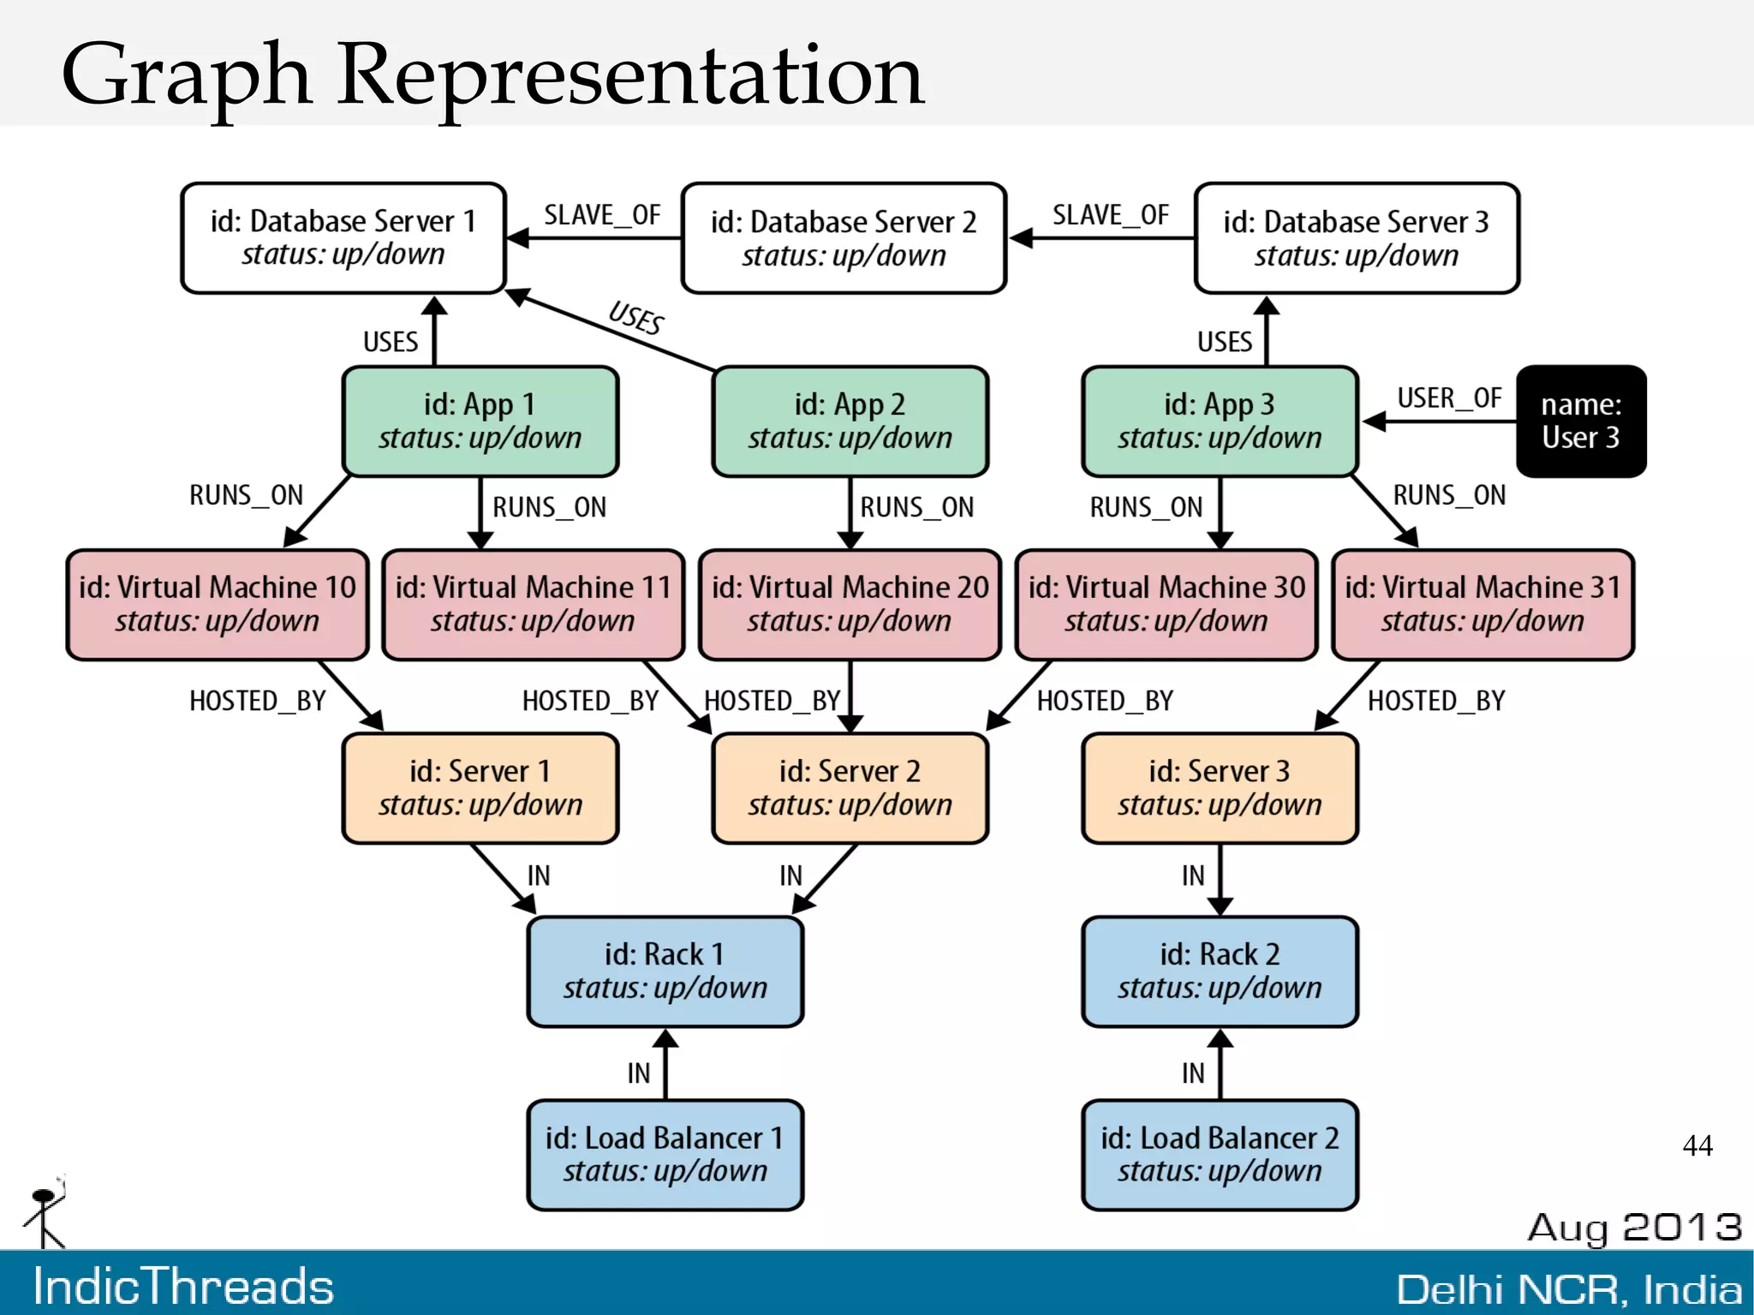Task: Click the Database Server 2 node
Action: (844, 238)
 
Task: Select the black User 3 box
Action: (1581, 421)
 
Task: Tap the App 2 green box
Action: (850, 421)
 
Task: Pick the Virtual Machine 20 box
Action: (850, 604)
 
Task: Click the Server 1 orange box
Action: (480, 787)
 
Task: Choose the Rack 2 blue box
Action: (1220, 971)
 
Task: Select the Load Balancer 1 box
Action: (665, 1154)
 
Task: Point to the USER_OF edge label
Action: (1449, 398)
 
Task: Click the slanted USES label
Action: (636, 318)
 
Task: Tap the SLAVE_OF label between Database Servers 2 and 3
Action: (1111, 215)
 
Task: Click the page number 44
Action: (1697, 1145)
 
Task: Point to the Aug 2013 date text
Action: (1634, 1227)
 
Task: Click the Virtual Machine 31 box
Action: (1483, 604)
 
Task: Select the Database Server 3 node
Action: (1357, 238)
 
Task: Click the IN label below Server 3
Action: (1193, 876)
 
